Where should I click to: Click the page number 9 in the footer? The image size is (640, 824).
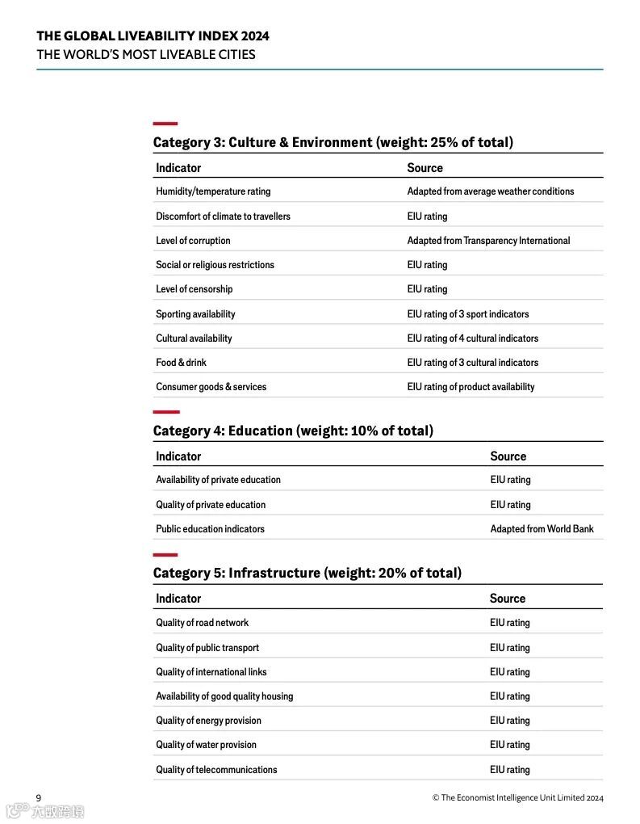(38, 798)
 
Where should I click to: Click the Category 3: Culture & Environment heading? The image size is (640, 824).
(333, 142)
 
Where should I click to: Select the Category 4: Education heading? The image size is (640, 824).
(293, 431)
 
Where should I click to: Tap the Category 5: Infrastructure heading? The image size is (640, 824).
(307, 573)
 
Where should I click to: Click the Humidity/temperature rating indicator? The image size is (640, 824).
(213, 191)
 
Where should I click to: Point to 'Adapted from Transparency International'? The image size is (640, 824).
(488, 241)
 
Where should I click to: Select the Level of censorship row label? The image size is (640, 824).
(194, 289)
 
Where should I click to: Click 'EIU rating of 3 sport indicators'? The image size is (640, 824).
(468, 313)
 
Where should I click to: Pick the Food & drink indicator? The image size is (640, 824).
(181, 363)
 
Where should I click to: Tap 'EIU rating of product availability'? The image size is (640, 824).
(471, 387)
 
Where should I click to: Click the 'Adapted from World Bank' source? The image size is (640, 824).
(542, 529)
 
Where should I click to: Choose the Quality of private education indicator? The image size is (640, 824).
(211, 505)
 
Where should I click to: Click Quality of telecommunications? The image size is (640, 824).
(216, 770)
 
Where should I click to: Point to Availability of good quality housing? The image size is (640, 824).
(224, 696)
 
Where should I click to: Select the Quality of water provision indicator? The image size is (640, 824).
(206, 745)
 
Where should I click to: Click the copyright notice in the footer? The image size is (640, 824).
(517, 798)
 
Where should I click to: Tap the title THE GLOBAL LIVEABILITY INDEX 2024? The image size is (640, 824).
(153, 36)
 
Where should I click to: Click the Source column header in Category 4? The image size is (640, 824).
(508, 456)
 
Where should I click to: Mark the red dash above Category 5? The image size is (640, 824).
(165, 555)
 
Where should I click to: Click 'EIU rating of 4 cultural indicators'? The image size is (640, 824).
(472, 338)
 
